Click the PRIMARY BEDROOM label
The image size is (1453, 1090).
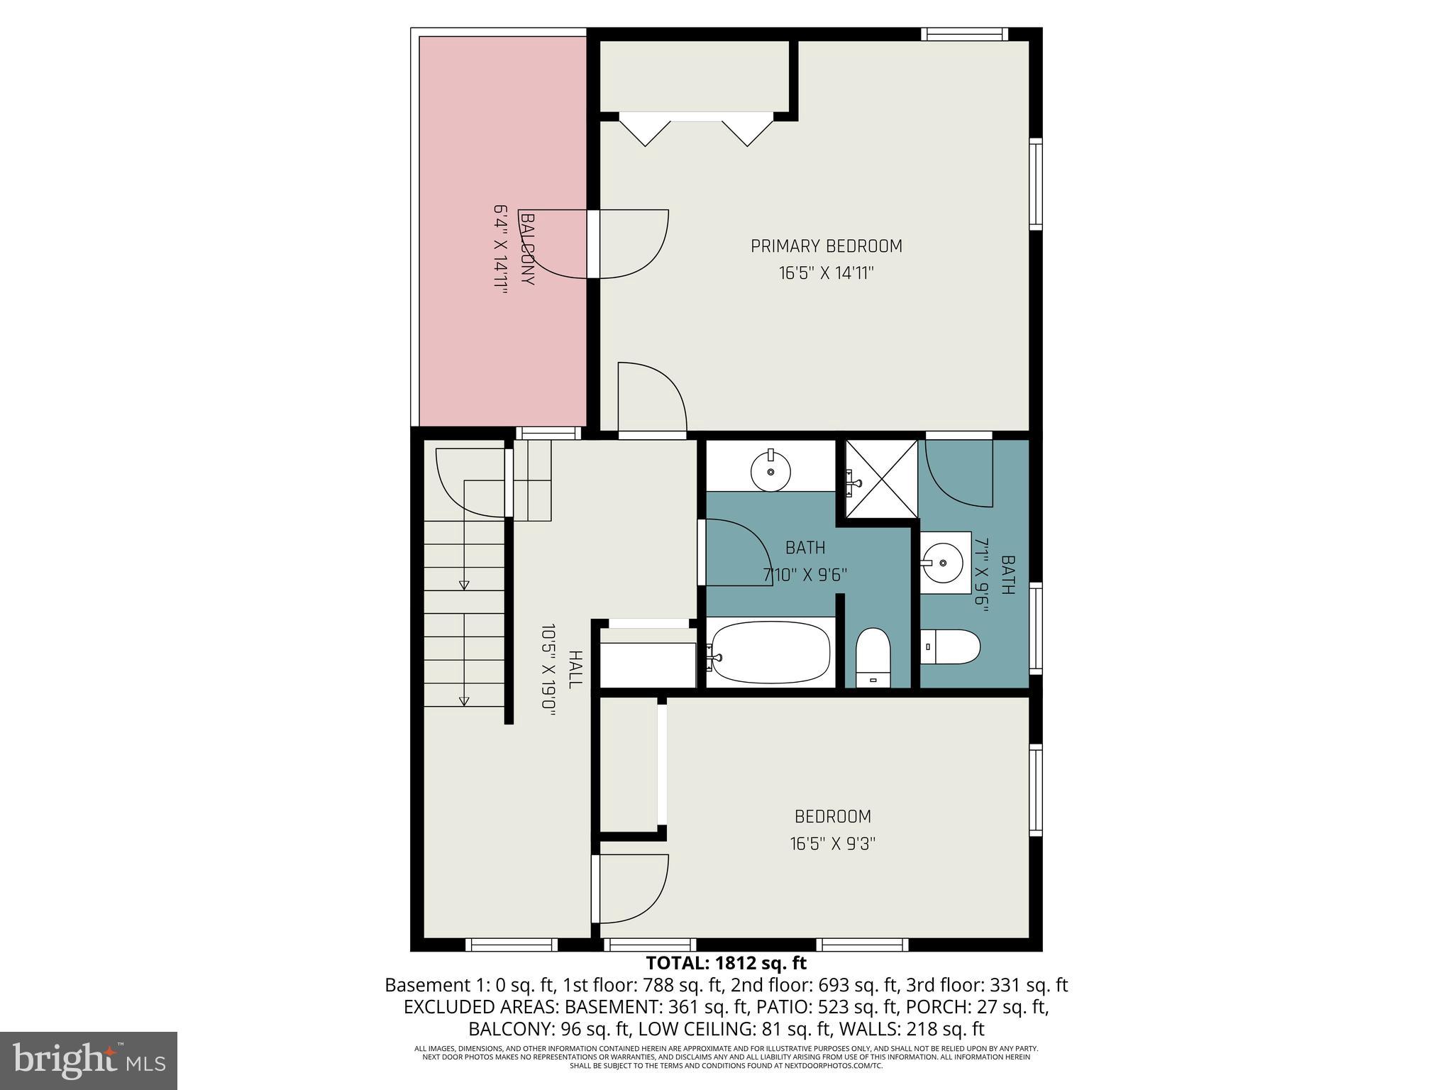[826, 246]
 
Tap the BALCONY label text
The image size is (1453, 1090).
[527, 248]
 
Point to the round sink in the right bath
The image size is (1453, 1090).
[943, 563]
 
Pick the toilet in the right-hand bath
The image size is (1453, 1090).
[951, 646]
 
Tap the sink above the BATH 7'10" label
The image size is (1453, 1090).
[770, 471]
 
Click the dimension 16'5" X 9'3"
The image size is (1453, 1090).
[833, 844]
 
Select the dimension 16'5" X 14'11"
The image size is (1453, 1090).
[826, 273]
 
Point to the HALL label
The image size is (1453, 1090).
[575, 668]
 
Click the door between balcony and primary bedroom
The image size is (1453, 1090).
[595, 244]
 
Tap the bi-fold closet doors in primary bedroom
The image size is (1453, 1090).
[696, 132]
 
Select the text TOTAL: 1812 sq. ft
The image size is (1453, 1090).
[726, 963]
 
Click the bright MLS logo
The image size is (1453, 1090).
[89, 1061]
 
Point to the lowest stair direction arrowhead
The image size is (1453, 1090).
[464, 701]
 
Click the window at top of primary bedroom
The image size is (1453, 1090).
[964, 34]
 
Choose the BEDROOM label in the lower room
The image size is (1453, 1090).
[832, 817]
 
